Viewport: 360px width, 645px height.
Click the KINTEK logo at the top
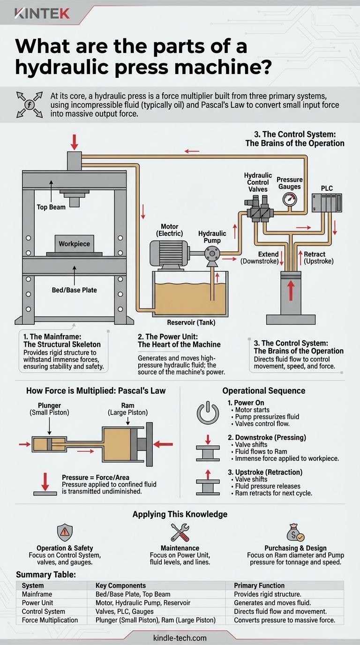pyautogui.click(x=42, y=14)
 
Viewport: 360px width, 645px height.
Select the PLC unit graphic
pyautogui.click(x=327, y=203)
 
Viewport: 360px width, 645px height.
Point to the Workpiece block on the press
pyautogui.click(x=74, y=244)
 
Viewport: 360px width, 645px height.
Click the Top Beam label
pyautogui.click(x=51, y=207)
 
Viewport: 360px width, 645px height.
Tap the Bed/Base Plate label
pyautogui.click(x=74, y=290)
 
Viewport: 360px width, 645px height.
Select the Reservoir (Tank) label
pyautogui.click(x=191, y=322)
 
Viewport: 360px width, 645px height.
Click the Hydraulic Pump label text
pyautogui.click(x=212, y=237)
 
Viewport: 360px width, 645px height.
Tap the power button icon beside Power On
pyautogui.click(x=207, y=413)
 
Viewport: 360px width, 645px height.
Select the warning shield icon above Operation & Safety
pyautogui.click(x=64, y=532)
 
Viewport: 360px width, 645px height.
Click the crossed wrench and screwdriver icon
pyautogui.click(x=180, y=532)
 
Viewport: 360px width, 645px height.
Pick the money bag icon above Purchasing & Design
pyautogui.click(x=295, y=532)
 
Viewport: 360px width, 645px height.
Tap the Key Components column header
pyautogui.click(x=120, y=585)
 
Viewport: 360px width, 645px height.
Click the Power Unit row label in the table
pyautogui.click(x=37, y=603)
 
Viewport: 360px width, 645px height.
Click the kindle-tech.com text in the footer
pyautogui.click(x=180, y=638)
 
